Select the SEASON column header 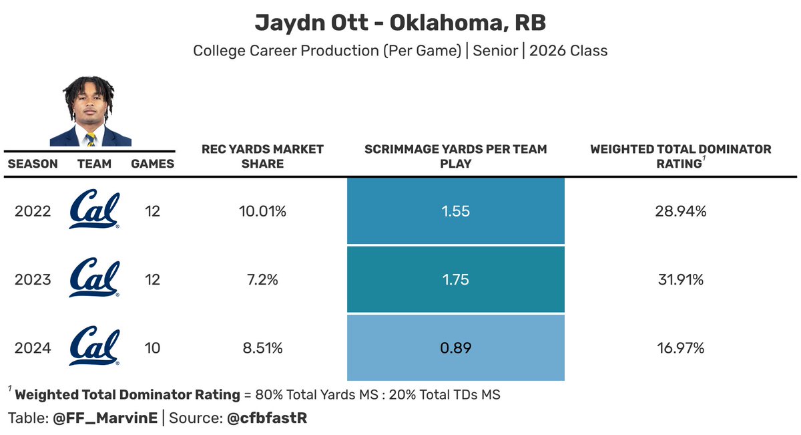click(33, 164)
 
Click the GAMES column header click(152, 164)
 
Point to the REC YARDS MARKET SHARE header click(262, 156)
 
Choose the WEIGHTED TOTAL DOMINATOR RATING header click(680, 156)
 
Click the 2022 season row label click(33, 211)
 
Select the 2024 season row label click(33, 347)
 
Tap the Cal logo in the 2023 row click(95, 279)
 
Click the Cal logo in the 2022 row click(95, 210)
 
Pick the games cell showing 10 click(152, 347)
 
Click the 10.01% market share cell click(262, 211)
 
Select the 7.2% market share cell click(262, 279)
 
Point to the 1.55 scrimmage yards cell click(456, 211)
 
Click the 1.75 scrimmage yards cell click(456, 279)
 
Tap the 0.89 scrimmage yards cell click(456, 347)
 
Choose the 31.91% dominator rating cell click(680, 279)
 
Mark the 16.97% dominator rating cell click(680, 347)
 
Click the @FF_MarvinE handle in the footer click(105, 418)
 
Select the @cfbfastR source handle click(267, 418)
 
